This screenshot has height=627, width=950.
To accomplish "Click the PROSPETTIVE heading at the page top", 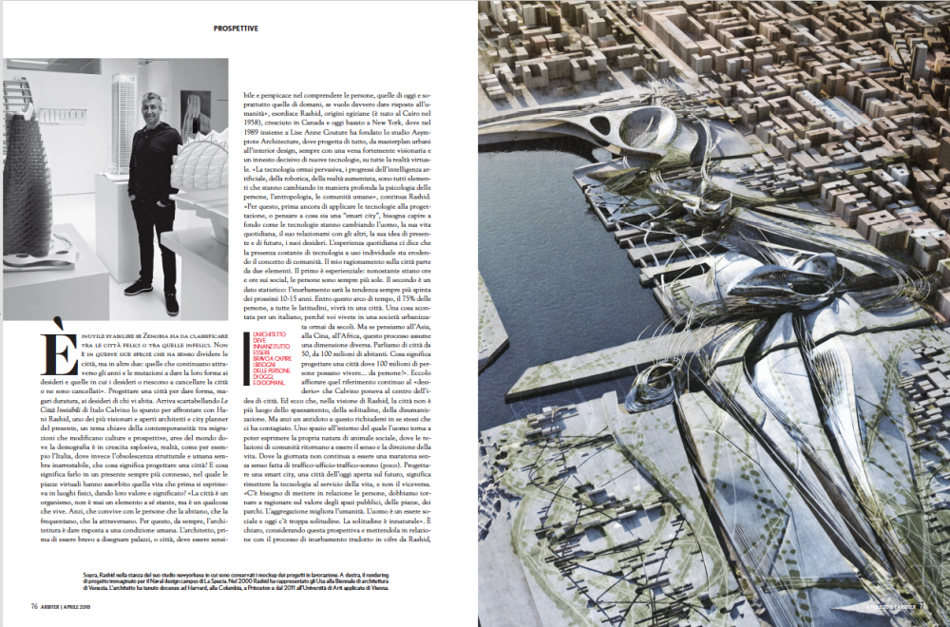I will [x=236, y=29].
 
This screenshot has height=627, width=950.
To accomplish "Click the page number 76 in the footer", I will [x=33, y=606].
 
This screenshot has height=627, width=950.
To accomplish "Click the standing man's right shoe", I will [x=171, y=305].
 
